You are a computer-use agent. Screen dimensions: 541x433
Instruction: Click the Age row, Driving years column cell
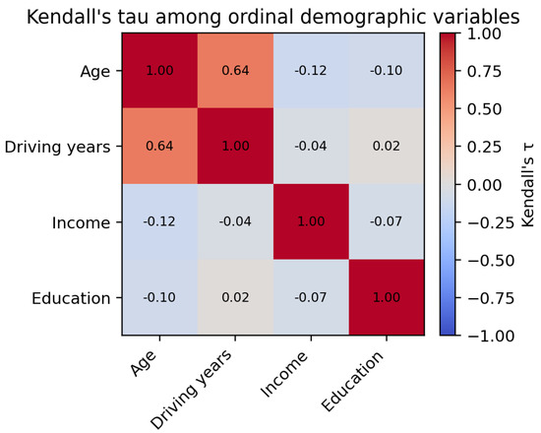coord(235,71)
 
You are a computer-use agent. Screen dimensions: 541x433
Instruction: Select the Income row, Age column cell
coord(159,221)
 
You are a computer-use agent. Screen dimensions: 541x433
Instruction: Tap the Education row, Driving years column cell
coord(235,297)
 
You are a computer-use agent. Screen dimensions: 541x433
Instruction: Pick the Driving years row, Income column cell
coord(311,146)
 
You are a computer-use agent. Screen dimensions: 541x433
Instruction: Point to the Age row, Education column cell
coord(387,71)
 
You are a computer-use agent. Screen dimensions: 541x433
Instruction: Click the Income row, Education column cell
coord(387,221)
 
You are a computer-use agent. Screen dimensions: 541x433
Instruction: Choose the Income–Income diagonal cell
coord(311,221)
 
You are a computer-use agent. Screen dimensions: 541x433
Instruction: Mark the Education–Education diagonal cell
coord(387,297)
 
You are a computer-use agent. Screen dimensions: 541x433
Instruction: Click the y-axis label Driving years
coord(57,148)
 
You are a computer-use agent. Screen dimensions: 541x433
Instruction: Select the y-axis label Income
coord(81,222)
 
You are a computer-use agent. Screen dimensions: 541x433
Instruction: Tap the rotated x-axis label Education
coord(352,381)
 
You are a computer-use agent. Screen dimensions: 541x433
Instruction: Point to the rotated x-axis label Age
coord(143,363)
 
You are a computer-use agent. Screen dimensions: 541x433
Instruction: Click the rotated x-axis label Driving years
coord(191,389)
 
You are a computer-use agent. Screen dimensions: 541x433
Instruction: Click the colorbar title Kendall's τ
coord(528,185)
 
